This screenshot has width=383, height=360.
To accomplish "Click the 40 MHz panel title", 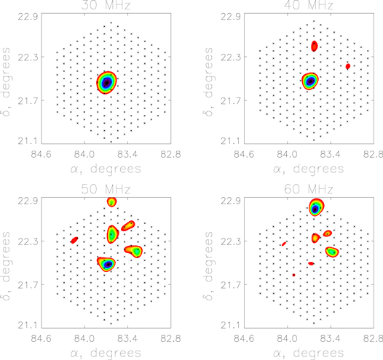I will pyautogui.click(x=309, y=6).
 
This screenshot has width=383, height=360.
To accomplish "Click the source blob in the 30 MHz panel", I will pyautogui.click(x=107, y=83).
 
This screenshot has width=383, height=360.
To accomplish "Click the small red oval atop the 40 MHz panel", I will pyautogui.click(x=315, y=46).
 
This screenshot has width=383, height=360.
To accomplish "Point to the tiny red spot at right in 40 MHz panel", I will pyautogui.click(x=348, y=66).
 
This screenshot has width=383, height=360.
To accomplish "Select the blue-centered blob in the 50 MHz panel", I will pyautogui.click(x=108, y=264).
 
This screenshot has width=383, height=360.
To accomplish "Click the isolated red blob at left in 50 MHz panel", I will pyautogui.click(x=74, y=240).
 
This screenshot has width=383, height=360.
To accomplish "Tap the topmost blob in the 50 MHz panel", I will pyautogui.click(x=111, y=201).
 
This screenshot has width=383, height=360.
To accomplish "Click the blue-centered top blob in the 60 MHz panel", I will pyautogui.click(x=315, y=209).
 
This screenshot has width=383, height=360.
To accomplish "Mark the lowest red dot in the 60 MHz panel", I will pyautogui.click(x=293, y=275).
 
